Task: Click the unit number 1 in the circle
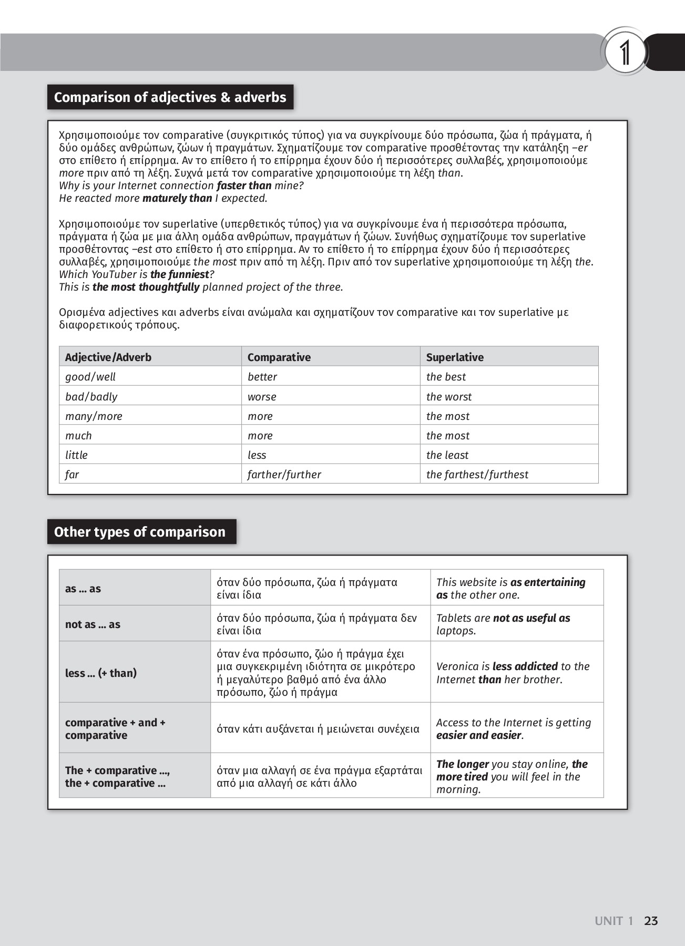click(x=625, y=53)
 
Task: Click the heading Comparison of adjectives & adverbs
click(x=170, y=97)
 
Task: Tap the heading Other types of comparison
click(x=140, y=532)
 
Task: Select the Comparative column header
click(x=279, y=357)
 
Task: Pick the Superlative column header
click(x=455, y=357)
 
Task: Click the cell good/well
click(x=90, y=377)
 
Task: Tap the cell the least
click(x=447, y=455)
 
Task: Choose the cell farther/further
click(x=284, y=475)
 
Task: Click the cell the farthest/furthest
click(x=477, y=475)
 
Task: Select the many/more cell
click(x=94, y=416)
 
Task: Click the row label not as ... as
click(x=93, y=624)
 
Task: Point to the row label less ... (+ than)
click(x=101, y=673)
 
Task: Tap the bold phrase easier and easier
click(x=478, y=735)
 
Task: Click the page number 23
click(x=651, y=921)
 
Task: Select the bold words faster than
click(x=244, y=186)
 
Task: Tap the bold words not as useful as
click(x=531, y=618)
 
